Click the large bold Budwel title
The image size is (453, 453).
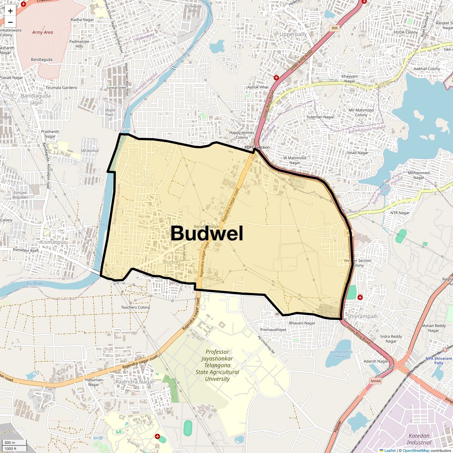click(x=207, y=233)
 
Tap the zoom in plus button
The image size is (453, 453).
click(x=10, y=11)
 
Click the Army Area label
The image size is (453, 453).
click(x=42, y=32)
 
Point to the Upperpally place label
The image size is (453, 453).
click(x=293, y=34)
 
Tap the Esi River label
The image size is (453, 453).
click(x=35, y=284)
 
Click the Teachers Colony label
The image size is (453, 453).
click(x=136, y=307)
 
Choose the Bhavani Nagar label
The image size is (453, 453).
click(x=302, y=323)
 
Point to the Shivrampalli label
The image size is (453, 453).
click(x=362, y=316)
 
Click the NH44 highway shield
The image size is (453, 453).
click(x=376, y=381)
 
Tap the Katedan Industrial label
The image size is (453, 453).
click(x=419, y=439)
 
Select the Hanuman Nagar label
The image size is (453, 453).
click(x=94, y=382)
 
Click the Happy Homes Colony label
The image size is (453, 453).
click(x=242, y=135)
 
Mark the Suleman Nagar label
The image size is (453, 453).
click(x=320, y=117)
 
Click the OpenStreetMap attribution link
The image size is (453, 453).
click(x=416, y=450)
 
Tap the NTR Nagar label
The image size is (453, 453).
click(x=400, y=213)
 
